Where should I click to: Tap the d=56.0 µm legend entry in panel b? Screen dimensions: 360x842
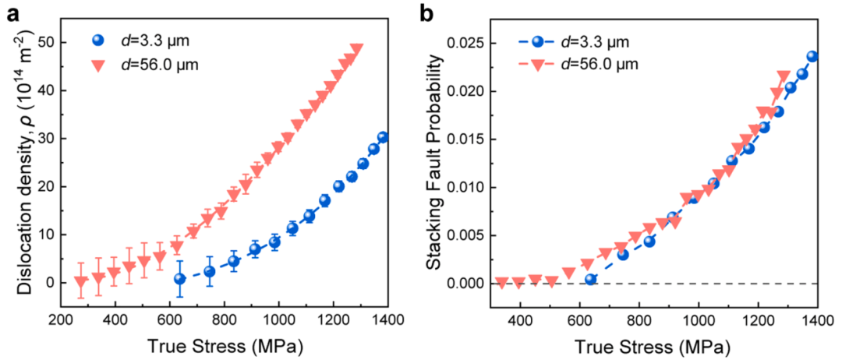580,64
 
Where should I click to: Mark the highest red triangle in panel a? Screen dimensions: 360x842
357,50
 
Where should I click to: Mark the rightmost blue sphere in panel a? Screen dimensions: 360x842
382,138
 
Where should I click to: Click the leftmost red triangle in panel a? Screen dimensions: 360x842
81,282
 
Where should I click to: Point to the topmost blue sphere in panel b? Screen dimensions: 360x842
812,56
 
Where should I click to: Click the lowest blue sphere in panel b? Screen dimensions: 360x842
590,279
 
